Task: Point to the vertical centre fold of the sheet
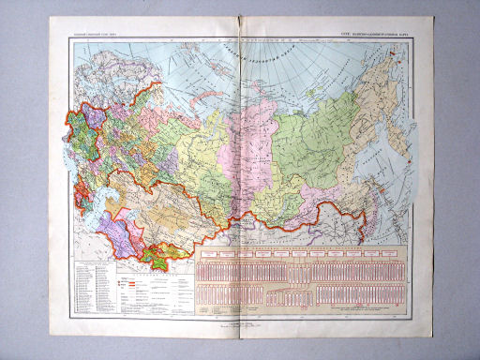242,187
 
